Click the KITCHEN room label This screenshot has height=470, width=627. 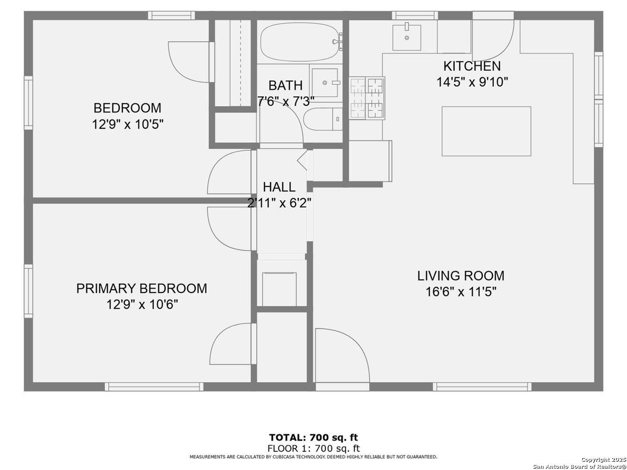472,66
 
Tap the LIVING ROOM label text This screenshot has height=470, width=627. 461,275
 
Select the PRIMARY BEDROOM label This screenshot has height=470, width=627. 142,289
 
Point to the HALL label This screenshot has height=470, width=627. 279,187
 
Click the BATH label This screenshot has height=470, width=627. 285,85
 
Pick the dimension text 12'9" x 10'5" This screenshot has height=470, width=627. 128,124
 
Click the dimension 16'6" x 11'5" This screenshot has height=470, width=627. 461,292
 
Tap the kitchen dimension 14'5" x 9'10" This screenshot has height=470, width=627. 472,82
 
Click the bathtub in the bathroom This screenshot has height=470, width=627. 301,42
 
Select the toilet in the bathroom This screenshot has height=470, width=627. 323,119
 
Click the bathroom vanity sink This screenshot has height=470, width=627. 325,83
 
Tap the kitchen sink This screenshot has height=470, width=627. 407,37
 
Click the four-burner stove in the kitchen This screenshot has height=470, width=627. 367,98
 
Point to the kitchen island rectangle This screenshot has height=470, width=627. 486,131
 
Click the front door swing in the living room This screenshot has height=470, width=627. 342,355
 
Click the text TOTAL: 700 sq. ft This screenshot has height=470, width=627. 313,437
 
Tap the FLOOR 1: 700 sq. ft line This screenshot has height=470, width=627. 313,448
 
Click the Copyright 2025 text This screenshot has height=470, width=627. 603,460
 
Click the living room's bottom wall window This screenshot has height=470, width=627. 482,387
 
